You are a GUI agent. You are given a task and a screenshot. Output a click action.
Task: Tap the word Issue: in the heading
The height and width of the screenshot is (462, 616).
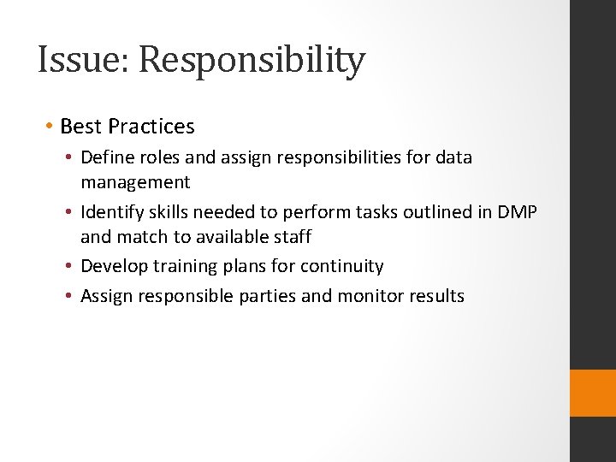click(x=84, y=60)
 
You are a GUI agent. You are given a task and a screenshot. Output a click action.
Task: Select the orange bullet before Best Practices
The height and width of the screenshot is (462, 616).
click(x=50, y=127)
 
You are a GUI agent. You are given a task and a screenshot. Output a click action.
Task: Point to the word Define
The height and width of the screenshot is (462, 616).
click(x=105, y=157)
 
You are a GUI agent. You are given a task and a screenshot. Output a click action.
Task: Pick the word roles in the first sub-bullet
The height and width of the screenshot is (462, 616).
click(x=156, y=157)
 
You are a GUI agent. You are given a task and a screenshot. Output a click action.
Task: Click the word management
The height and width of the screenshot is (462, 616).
click(x=135, y=181)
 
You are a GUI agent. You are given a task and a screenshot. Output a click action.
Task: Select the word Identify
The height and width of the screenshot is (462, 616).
click(x=111, y=212)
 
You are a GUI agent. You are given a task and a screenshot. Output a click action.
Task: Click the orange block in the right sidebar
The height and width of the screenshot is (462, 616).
click(x=592, y=393)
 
